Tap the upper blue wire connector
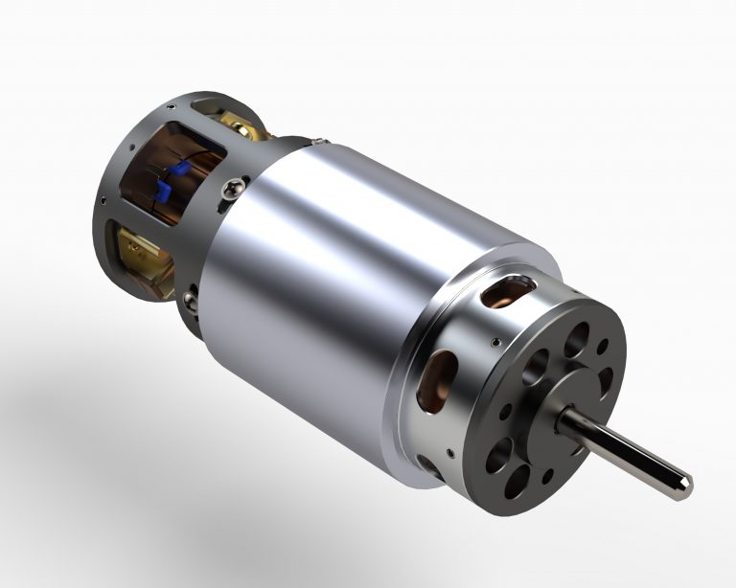178,170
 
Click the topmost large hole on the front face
579,338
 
